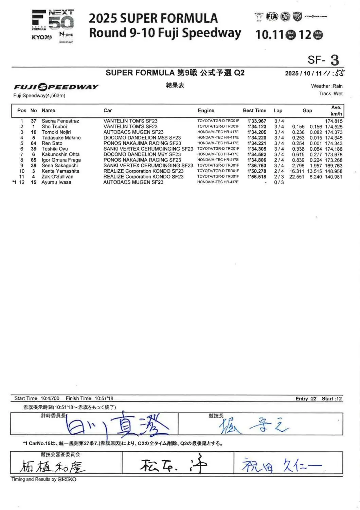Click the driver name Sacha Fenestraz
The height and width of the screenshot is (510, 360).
[x=60, y=121]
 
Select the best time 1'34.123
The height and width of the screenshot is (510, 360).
[x=257, y=127]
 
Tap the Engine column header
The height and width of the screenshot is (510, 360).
[x=206, y=110]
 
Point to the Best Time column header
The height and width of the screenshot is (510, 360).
[x=254, y=110]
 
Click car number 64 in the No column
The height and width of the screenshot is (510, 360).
[x=33, y=143]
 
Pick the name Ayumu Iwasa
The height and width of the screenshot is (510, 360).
[x=56, y=182]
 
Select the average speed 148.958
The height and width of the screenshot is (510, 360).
[x=334, y=171]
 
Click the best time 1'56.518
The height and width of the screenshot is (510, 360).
[x=257, y=177]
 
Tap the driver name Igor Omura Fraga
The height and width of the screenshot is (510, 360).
[x=61, y=160]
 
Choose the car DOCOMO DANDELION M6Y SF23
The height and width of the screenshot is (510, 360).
[x=142, y=154]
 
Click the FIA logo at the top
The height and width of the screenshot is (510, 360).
[x=272, y=16]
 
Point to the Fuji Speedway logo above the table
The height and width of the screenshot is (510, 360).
[x=56, y=87]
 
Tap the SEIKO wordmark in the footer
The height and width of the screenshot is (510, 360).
[x=67, y=479]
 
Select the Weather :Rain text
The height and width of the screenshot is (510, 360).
[x=327, y=86]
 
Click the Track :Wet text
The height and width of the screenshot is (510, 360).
[x=330, y=94]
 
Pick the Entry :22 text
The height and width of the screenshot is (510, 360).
[x=306, y=399]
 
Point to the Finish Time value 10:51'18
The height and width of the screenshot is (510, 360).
[x=104, y=398]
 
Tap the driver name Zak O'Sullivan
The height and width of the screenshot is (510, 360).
[x=57, y=177]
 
